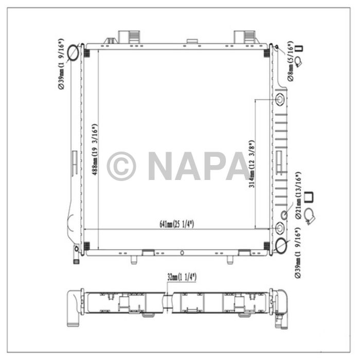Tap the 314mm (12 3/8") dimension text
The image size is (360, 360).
pos(251,164)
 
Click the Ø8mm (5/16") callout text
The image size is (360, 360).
pos(291,63)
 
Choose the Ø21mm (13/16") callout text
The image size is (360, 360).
pos(297,196)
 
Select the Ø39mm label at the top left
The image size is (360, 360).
pos(61,64)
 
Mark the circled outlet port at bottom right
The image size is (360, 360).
pos(281,245)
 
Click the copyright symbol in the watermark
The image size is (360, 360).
pos(121,166)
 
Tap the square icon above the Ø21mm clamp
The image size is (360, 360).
pos(310,197)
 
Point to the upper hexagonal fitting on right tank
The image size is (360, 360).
pos(280,99)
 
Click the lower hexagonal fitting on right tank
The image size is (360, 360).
pos(280,227)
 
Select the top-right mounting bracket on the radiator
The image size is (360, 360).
pos(242,37)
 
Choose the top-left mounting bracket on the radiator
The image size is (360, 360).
pos(127,37)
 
